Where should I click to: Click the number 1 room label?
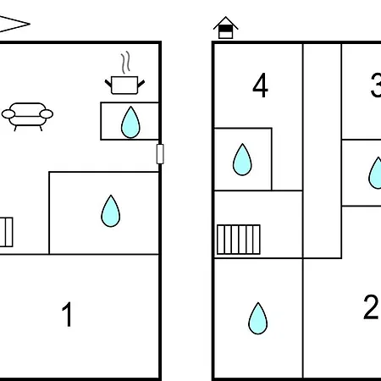(67, 314)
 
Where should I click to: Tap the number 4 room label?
(260, 85)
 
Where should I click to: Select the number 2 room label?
(371, 307)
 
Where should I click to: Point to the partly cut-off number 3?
(376, 85)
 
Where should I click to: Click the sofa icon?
(27, 117)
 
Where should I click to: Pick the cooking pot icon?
(124, 85)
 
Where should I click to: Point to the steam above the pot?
(126, 62)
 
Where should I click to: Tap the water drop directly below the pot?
(130, 122)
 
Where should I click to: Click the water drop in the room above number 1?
(111, 211)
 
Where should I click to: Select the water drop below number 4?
(242, 159)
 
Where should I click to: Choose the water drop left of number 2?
(257, 318)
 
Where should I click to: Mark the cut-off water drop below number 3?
(375, 173)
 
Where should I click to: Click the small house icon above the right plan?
(225, 28)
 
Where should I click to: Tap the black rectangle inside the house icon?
(225, 29)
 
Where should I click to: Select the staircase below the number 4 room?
(239, 240)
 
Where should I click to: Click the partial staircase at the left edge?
(6, 232)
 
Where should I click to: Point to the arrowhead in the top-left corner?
(14, 24)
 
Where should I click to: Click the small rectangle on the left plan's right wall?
(160, 154)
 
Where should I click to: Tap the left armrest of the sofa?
(8, 114)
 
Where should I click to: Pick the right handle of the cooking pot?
(141, 84)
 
